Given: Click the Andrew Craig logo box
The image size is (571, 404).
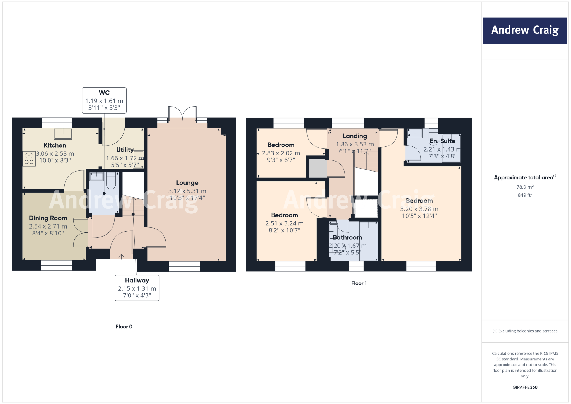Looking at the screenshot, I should (525, 31).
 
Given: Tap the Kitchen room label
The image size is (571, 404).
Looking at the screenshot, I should (55, 145).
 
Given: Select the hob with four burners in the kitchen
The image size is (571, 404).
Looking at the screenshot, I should (29, 159).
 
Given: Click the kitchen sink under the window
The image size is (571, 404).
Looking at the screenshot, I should (63, 134).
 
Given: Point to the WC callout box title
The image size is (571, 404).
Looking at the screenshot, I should (104, 93).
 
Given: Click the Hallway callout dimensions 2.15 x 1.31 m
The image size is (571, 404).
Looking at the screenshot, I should (137, 288).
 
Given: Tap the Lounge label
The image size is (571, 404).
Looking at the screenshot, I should (187, 183).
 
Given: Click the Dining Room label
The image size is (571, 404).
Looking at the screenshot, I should (48, 218).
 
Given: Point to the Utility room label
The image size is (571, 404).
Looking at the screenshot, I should (125, 150).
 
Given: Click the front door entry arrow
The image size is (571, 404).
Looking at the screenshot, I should (121, 256).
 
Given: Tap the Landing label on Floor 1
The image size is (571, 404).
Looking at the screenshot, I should (355, 136).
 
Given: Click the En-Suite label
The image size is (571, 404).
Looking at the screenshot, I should (442, 141).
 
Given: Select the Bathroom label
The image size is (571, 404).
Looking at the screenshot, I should (347, 237).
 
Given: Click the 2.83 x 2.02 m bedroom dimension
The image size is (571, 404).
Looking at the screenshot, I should (281, 153).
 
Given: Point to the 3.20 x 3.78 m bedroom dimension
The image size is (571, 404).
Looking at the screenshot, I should (419, 209).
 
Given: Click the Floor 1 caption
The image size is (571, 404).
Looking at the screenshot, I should (359, 283).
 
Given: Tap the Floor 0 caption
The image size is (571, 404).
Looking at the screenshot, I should (124, 327).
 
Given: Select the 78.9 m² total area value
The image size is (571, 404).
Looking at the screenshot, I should (525, 187).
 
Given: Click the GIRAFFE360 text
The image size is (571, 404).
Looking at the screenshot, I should (525, 387).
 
